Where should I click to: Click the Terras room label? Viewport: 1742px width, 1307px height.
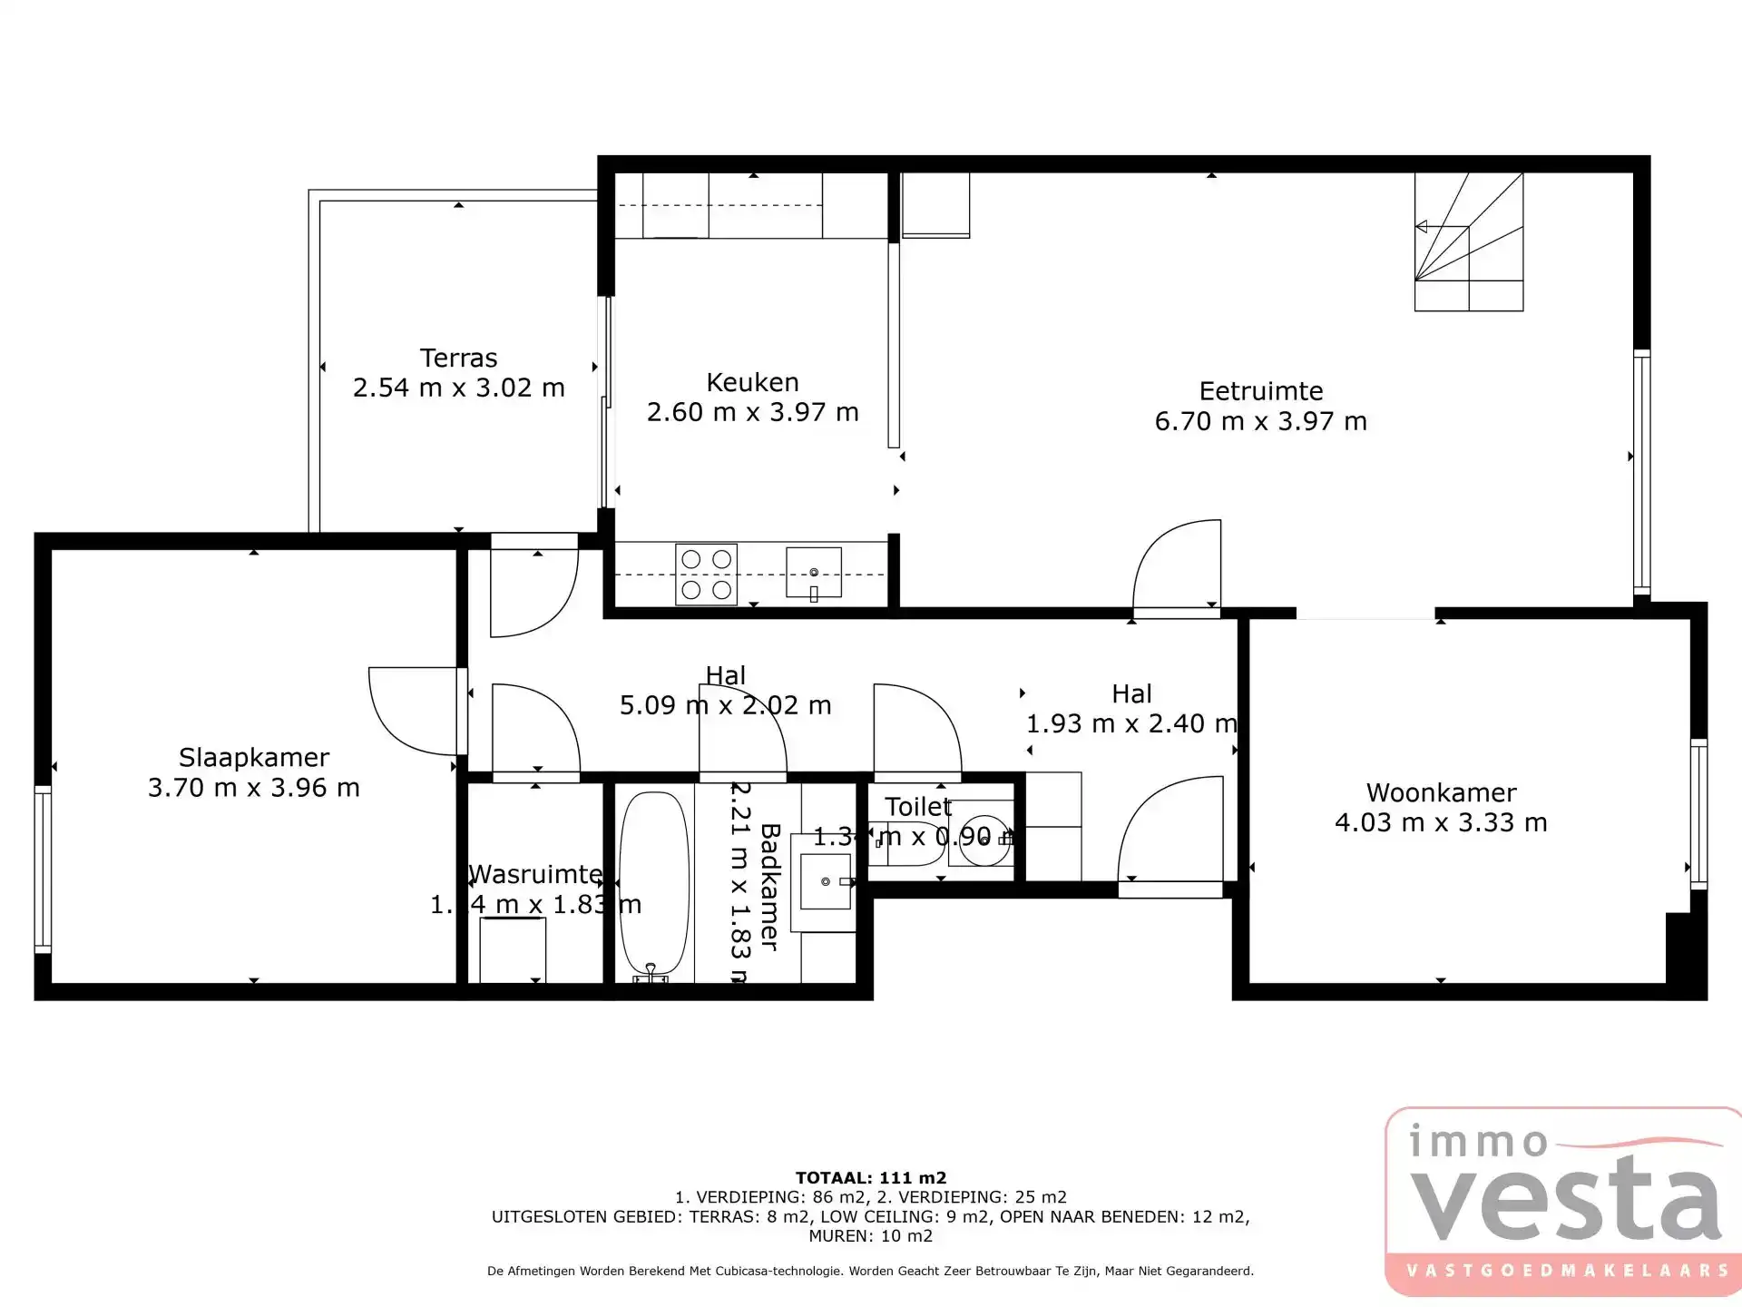pos(458,358)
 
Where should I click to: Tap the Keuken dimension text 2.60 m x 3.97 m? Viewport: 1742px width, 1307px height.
pos(752,412)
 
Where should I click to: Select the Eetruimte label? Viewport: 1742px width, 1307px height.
pos(1260,391)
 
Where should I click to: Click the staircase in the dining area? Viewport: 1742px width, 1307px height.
pos(1468,242)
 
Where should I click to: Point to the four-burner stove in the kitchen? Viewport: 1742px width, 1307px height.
pos(706,575)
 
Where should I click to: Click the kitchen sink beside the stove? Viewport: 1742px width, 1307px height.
pos(813,573)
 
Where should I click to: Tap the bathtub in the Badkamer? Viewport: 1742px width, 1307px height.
pos(653,885)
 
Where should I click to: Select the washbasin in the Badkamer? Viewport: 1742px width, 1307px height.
pos(824,881)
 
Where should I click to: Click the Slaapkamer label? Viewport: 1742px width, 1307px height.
pos(254,757)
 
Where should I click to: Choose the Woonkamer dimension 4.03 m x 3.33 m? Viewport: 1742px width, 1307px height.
pos(1441,822)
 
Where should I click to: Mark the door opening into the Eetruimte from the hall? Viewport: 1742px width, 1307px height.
pos(1177,567)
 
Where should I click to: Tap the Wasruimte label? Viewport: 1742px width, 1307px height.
pos(535,874)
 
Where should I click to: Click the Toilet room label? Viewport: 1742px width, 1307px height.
pos(917,806)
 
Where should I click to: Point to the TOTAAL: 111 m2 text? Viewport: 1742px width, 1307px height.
pos(870,1178)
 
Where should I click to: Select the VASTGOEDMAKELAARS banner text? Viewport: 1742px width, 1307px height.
pos(1567,1271)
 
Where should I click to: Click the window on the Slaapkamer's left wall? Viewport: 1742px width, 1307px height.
pos(43,870)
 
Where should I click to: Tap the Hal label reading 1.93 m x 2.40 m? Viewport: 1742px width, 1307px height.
pos(1131,723)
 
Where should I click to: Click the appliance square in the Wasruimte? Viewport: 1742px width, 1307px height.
pos(512,949)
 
